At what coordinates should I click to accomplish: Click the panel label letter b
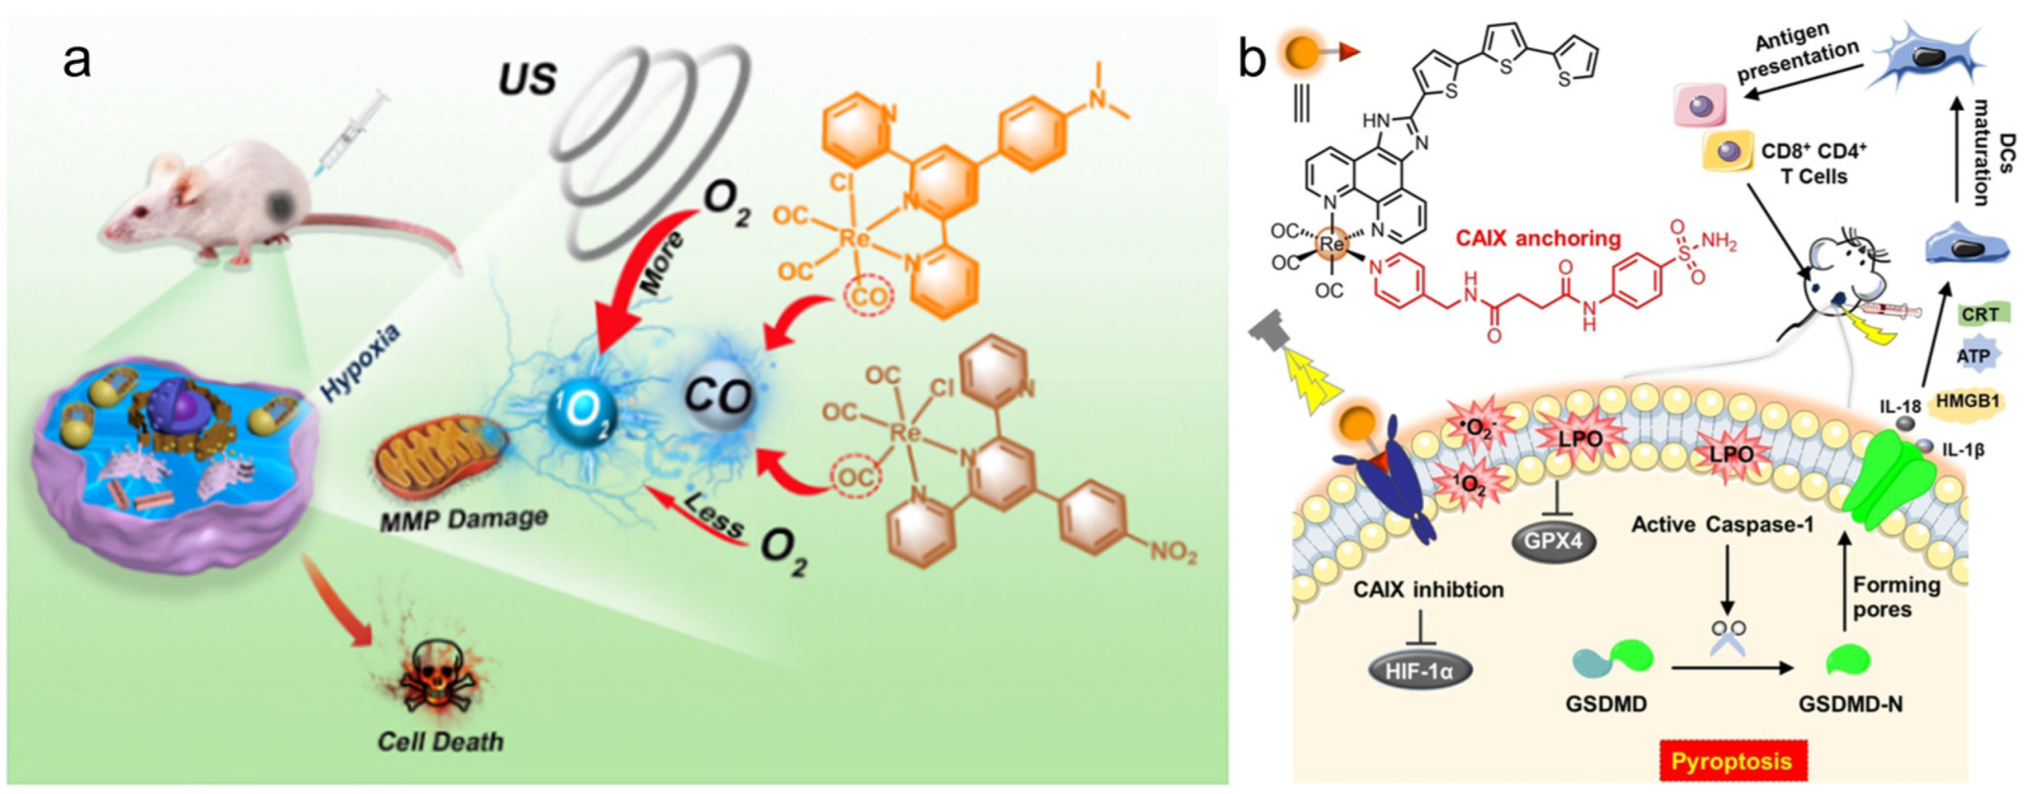coord(1253,60)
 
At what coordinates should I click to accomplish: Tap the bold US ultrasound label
coord(527,79)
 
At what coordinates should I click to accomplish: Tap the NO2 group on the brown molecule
coord(1172,551)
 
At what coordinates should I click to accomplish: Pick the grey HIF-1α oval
coord(1419,671)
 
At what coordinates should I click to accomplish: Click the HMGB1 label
coord(1968,402)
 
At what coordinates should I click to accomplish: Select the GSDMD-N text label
coord(1849,704)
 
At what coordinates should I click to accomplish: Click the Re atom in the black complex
coord(1331,244)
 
